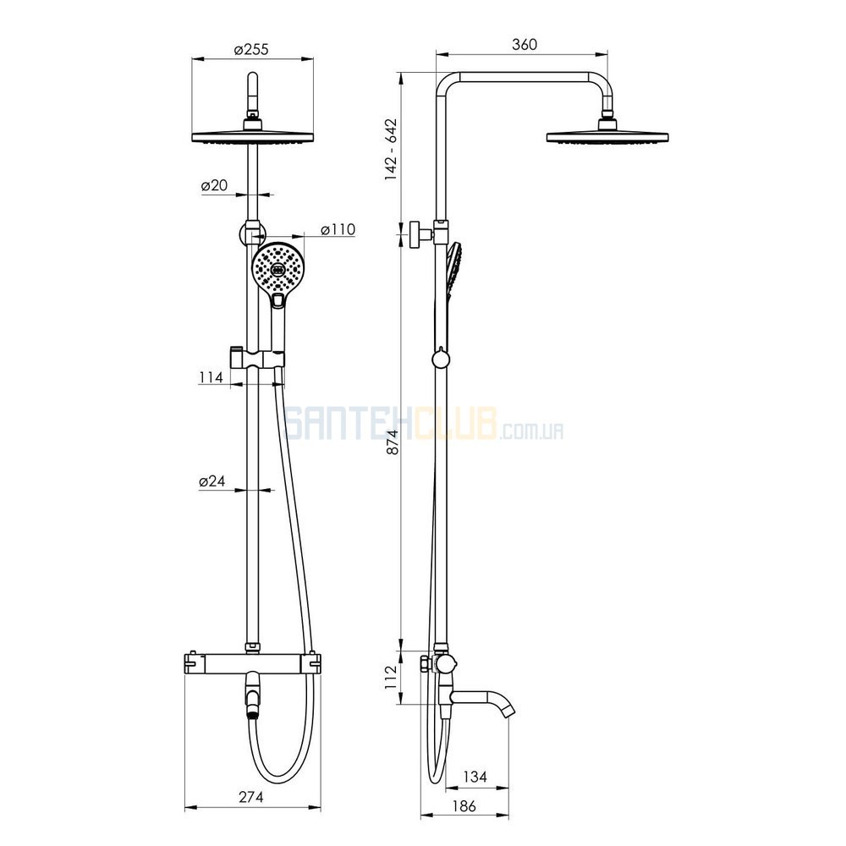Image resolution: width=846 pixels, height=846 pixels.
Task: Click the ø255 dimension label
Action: pos(251,50)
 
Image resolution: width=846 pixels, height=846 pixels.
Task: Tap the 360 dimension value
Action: pos(525,44)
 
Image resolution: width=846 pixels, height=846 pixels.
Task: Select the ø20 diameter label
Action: pos(214,185)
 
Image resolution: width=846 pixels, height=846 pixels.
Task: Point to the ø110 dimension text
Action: pos(338,229)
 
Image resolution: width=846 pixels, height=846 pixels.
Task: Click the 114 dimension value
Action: pos(211,377)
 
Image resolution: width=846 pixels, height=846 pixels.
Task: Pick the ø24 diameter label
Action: pos(212,481)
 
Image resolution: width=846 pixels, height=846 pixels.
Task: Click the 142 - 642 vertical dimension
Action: pos(391,150)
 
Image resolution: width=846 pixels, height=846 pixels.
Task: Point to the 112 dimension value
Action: pos(392,677)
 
